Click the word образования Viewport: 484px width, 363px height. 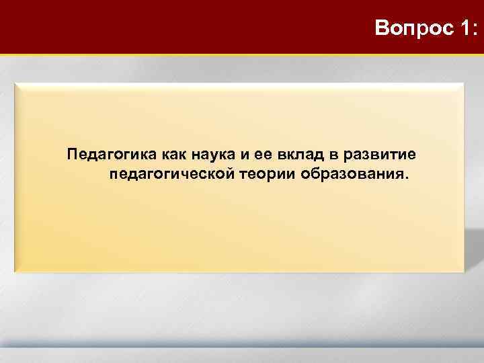(349, 175)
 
